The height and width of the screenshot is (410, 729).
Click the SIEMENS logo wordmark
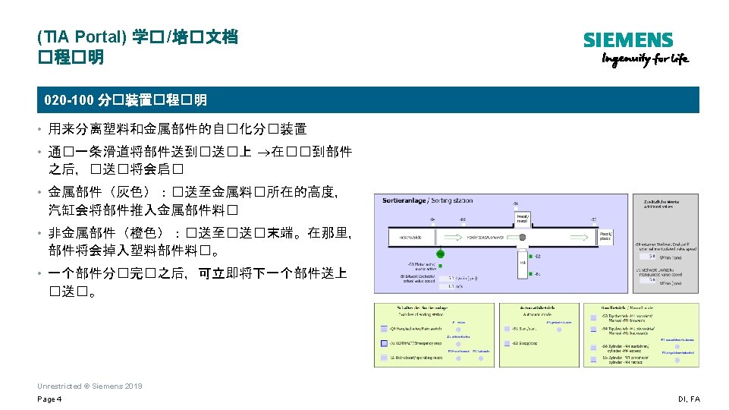pyautogui.click(x=628, y=40)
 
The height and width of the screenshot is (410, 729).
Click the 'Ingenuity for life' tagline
pyautogui.click(x=646, y=59)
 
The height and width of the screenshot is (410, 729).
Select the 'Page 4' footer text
pyautogui.click(x=49, y=399)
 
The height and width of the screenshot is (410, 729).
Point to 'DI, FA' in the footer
pyautogui.click(x=689, y=399)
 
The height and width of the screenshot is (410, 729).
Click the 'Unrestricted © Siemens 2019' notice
pyautogui.click(x=90, y=386)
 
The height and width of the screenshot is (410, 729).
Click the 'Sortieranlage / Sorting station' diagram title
pyautogui.click(x=428, y=200)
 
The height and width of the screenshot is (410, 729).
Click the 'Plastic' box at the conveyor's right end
pyautogui.click(x=606, y=236)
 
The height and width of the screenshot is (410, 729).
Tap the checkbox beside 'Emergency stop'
pyautogui.click(x=385, y=343)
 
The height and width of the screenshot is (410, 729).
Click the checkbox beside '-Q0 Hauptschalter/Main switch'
pyautogui.click(x=385, y=330)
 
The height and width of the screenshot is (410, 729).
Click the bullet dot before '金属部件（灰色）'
pyautogui.click(x=39, y=193)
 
